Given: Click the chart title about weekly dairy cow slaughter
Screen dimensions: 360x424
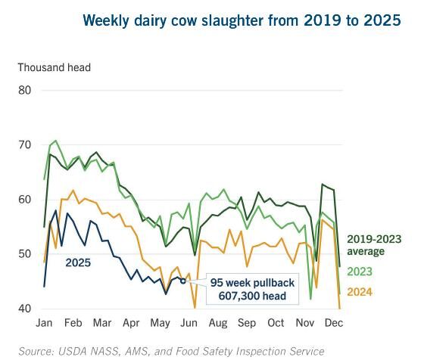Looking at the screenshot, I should point(242,20).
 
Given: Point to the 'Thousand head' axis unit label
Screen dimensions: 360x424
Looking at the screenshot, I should point(54,67).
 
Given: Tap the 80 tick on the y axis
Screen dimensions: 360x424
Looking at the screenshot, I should point(25,91).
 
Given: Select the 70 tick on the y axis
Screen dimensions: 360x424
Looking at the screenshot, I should point(25,145).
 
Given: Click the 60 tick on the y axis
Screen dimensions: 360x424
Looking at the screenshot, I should point(25,200).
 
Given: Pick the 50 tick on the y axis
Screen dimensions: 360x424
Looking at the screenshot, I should point(25,254).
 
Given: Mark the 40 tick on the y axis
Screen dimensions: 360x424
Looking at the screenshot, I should point(25,309).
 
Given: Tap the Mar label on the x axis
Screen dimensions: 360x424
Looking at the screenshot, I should point(101,323).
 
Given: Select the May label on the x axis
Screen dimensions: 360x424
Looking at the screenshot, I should point(160,323).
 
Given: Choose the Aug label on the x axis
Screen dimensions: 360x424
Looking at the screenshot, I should point(217,323).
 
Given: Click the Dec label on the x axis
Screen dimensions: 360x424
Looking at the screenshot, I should point(332,323).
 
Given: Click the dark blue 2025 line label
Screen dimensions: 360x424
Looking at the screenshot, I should point(79,262).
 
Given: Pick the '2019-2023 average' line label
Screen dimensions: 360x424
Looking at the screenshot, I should point(374,245).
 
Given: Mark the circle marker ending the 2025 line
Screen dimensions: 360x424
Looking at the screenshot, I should point(182,281).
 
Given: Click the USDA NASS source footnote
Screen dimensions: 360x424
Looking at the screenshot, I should point(171,351).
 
